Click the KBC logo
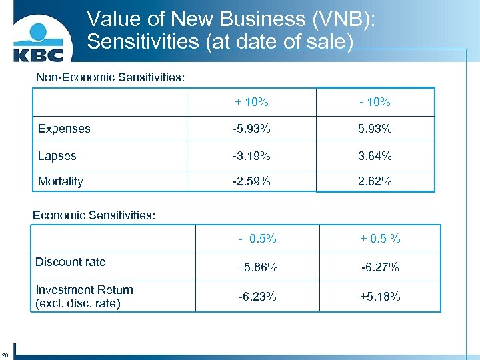(44, 41)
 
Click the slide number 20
(5, 353)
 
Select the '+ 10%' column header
(251, 102)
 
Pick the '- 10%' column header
(375, 102)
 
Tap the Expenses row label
(64, 128)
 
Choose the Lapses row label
(57, 156)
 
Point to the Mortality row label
(61, 181)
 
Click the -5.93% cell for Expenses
(251, 128)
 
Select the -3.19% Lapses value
(251, 156)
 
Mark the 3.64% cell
(375, 156)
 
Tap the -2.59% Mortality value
(251, 181)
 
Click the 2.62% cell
(375, 181)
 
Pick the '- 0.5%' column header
(257, 239)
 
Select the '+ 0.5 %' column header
(380, 239)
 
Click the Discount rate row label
(71, 262)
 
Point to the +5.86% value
(257, 267)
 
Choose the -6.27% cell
(380, 267)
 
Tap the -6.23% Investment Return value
(257, 297)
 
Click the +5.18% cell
(380, 297)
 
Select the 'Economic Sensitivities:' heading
(94, 215)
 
